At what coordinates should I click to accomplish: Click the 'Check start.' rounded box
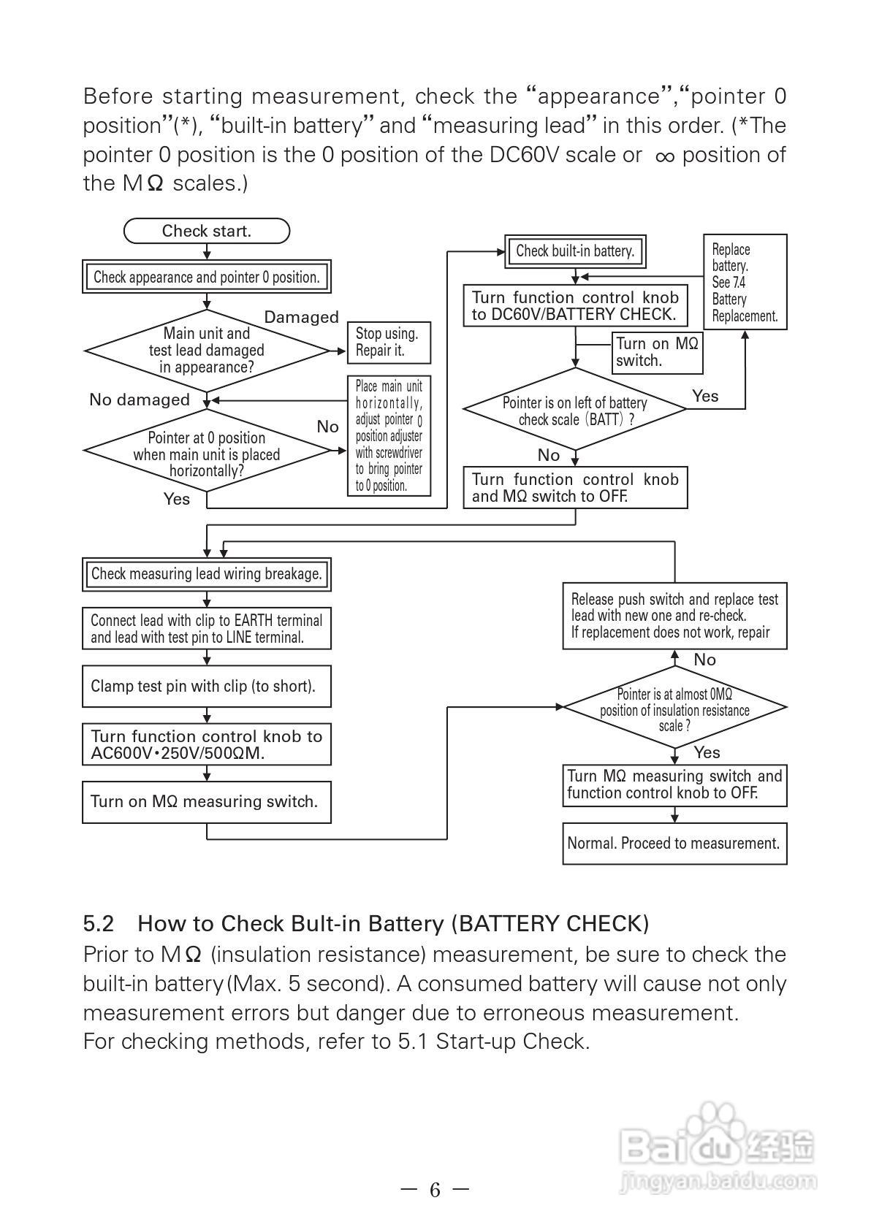[x=207, y=232]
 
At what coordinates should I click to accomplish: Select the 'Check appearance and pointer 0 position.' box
[x=207, y=278]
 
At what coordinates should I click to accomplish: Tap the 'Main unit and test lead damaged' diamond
[x=207, y=351]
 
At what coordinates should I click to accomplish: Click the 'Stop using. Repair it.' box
[x=388, y=343]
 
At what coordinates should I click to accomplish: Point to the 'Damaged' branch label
[x=301, y=317]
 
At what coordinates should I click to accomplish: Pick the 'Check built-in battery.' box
[x=575, y=251]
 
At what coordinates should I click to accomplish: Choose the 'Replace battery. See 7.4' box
[x=745, y=283]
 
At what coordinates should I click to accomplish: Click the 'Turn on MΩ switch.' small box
[x=657, y=352]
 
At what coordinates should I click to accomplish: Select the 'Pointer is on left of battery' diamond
[x=575, y=410]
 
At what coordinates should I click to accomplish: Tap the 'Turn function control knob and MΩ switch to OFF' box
[x=575, y=488]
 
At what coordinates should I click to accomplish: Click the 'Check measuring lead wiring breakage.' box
[x=207, y=574]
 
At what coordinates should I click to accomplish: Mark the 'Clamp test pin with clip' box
[x=207, y=687]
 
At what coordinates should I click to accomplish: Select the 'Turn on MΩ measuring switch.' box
[x=207, y=802]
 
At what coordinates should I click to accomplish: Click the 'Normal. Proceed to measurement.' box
[x=674, y=844]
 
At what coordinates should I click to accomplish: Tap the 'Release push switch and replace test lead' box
[x=674, y=616]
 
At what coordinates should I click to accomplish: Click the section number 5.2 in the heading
[x=99, y=924]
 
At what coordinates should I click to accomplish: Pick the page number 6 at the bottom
[x=435, y=1190]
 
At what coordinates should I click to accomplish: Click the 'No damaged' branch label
[x=140, y=400]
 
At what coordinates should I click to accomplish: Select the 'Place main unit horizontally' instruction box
[x=389, y=435]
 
